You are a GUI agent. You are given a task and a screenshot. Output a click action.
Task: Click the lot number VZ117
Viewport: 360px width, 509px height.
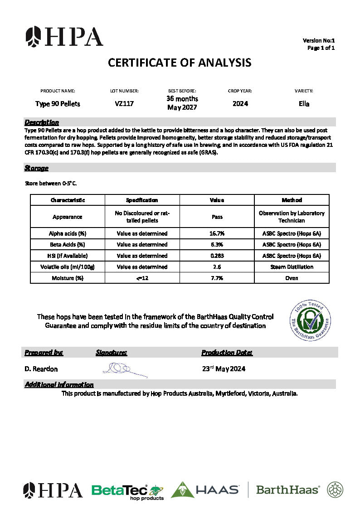click(124, 104)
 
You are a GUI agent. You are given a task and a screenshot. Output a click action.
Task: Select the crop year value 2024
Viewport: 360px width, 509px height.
click(240, 104)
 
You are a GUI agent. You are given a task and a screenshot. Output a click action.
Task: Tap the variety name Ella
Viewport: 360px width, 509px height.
click(304, 104)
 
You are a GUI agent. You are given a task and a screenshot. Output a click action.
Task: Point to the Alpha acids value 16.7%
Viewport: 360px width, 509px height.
click(217, 233)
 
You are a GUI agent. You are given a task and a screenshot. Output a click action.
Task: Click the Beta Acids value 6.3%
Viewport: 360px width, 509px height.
click(217, 245)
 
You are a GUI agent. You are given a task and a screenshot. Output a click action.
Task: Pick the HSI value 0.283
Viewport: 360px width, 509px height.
click(217, 256)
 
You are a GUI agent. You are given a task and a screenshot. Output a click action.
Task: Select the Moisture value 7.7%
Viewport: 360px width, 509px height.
click(217, 278)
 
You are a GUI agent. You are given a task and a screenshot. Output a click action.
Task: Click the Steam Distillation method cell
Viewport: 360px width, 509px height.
click(292, 267)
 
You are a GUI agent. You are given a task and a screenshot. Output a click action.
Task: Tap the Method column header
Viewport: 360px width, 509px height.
click(292, 200)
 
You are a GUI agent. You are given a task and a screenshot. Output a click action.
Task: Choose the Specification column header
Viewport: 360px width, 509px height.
click(142, 200)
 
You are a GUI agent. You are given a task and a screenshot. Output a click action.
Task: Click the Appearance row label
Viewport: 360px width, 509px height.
click(68, 217)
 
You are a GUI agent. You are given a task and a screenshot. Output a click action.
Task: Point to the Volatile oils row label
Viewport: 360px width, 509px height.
click(68, 267)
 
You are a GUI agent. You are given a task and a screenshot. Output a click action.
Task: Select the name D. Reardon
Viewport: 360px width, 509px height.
click(41, 369)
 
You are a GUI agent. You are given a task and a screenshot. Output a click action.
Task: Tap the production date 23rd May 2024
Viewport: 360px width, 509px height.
click(224, 368)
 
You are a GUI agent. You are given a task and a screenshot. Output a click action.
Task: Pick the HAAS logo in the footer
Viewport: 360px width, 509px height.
click(205, 490)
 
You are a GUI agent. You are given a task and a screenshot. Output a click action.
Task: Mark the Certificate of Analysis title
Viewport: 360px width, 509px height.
click(180, 63)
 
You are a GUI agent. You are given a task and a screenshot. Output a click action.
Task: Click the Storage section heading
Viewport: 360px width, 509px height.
click(36, 168)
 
